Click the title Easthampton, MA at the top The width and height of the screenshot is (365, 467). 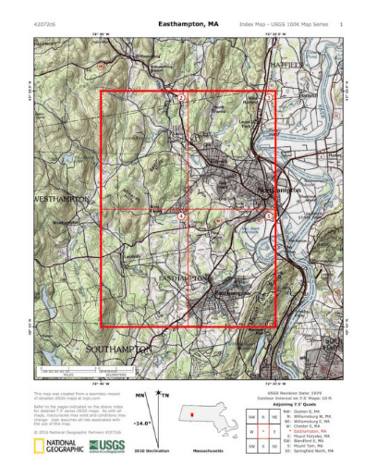(x=188, y=23)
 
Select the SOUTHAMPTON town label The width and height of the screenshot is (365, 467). (x=117, y=350)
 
